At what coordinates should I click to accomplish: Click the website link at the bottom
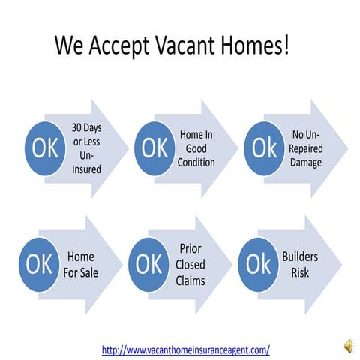coord(185,349)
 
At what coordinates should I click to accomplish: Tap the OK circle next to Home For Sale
coord(39,264)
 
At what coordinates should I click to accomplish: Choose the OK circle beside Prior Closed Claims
coord(148,264)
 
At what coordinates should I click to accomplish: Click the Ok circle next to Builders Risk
coord(257,264)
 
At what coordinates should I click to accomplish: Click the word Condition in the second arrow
coord(196,162)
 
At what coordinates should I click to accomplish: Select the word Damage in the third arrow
coord(306,162)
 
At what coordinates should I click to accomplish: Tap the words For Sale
coord(81,271)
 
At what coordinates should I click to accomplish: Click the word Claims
coord(190,280)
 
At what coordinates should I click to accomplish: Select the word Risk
coord(300,272)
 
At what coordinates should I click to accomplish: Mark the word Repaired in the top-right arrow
coord(306,148)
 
